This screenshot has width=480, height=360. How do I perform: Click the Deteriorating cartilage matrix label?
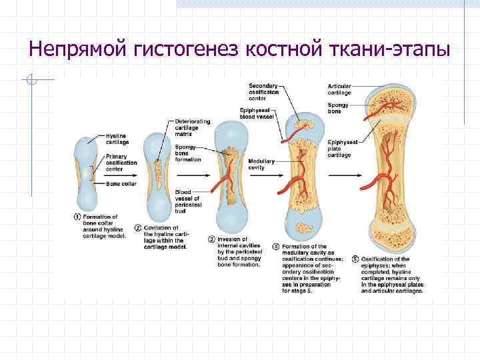pyautogui.click(x=192, y=127)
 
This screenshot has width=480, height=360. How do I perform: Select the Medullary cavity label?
pyautogui.click(x=257, y=164)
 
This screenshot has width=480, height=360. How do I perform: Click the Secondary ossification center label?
pyautogui.click(x=264, y=92)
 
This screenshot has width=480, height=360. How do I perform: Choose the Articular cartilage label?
pyautogui.click(x=339, y=90)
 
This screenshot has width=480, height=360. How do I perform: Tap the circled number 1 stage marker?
pyautogui.click(x=77, y=217)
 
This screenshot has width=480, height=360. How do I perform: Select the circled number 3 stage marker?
pyautogui.click(x=211, y=239)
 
